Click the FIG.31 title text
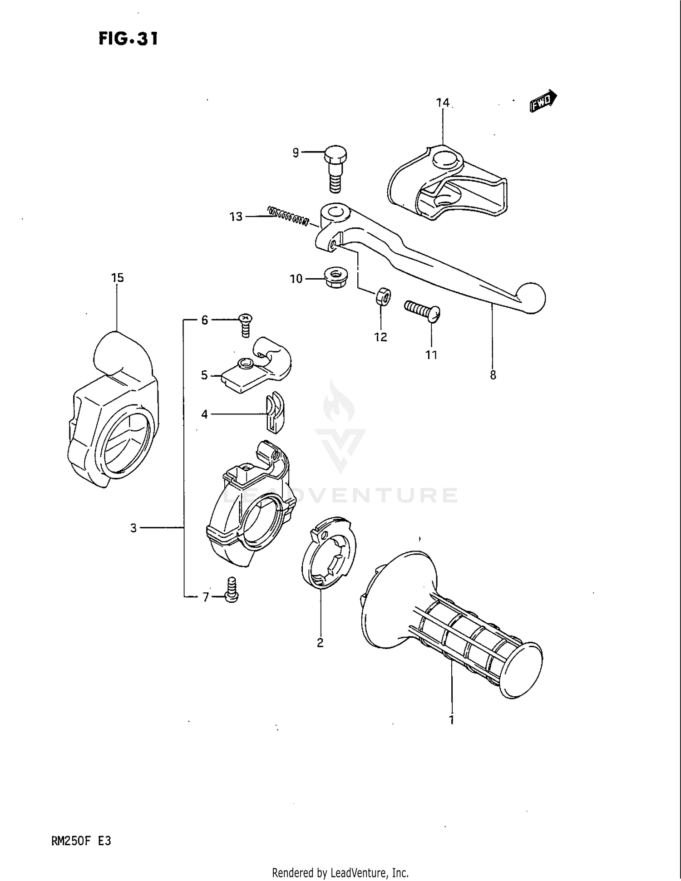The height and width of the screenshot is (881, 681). click(128, 39)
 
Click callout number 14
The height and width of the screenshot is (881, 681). click(443, 103)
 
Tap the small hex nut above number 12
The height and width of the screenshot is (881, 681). click(383, 297)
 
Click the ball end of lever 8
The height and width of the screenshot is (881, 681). click(532, 298)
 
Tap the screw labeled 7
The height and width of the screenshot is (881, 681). click(232, 590)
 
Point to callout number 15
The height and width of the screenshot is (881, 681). click(117, 277)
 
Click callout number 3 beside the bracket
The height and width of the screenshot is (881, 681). click(133, 528)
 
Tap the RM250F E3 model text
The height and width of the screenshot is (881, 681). click(81, 841)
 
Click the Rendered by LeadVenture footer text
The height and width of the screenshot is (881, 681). click(340, 872)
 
